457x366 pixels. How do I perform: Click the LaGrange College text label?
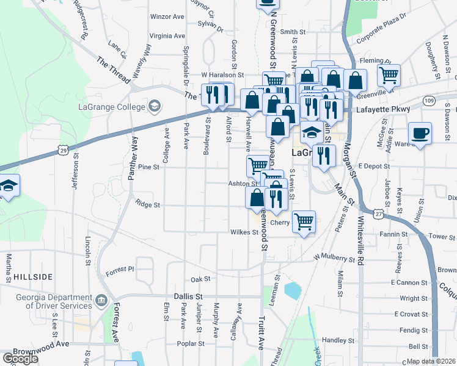click(112, 107)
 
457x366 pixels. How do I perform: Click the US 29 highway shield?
click(63, 149)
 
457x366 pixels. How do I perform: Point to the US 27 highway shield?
click(379, 214)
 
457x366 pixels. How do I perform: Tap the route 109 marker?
click(429, 100)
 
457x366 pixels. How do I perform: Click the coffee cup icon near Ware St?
click(420, 133)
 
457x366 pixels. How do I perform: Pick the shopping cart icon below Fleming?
click(388, 74)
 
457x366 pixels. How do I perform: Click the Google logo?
click(20, 359)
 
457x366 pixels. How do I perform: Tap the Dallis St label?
click(188, 295)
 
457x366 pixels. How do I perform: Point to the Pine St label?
click(148, 167)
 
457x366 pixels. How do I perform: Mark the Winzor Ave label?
click(167, 16)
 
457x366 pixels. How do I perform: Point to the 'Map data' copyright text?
click(431, 361)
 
